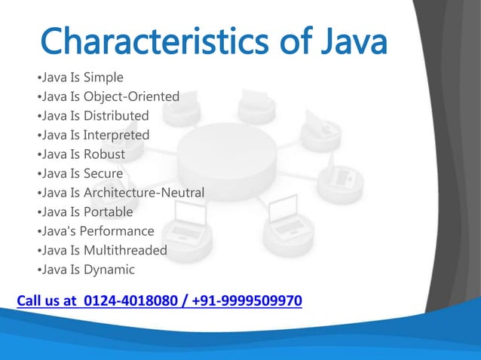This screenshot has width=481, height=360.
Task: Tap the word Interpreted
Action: pos(116,136)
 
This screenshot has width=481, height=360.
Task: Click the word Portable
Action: pos(108,212)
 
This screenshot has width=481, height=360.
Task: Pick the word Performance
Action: pos(118,231)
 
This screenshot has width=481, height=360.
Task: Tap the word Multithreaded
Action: pos(125,250)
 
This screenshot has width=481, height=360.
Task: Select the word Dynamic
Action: pos(109,270)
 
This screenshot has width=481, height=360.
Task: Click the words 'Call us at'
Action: pos(47,301)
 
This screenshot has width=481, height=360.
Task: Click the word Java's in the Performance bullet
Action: pos(58,231)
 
